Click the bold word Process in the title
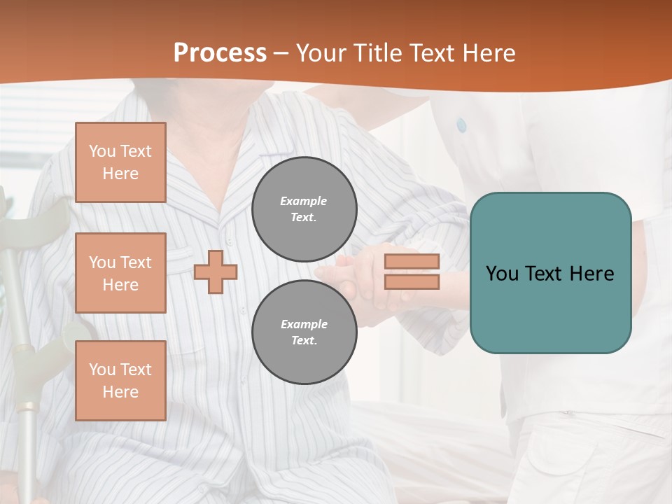220,52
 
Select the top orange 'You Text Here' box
120,162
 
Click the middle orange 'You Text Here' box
120,273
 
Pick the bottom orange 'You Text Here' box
120,380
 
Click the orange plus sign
216,272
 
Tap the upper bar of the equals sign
412,261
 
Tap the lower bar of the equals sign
412,282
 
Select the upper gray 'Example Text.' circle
304,209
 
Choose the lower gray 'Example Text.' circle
304,332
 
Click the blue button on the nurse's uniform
461,125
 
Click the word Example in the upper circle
304,201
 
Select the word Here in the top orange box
120,174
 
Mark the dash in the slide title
281,54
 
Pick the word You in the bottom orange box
101,370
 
